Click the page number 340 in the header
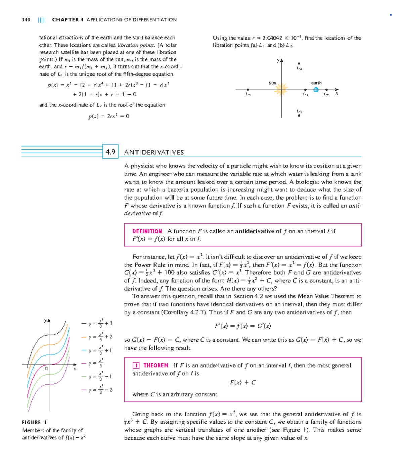click(x=26, y=20)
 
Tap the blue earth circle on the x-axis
click(x=316, y=90)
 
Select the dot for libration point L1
click(x=305, y=90)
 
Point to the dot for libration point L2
click(x=326, y=90)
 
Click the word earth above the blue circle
click(x=316, y=83)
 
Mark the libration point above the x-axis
click(x=299, y=63)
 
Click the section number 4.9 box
click(x=110, y=152)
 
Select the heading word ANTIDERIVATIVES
click(x=154, y=152)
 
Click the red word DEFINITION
click(x=147, y=231)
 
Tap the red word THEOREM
click(x=155, y=365)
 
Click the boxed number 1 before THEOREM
click(x=136, y=366)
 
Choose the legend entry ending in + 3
click(x=97, y=324)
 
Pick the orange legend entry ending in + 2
click(x=97, y=337)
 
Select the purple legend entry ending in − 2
click(x=97, y=390)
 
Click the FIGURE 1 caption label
click(x=34, y=422)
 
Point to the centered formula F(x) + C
click(x=242, y=382)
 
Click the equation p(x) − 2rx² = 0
click(x=108, y=116)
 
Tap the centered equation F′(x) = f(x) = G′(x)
click(x=242, y=326)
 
